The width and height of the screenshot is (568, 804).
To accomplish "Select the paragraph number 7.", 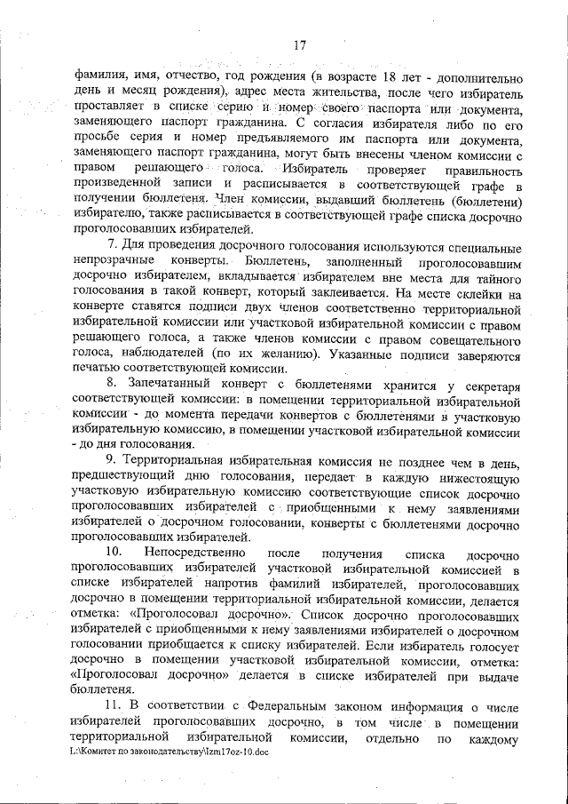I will (x=111, y=245).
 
